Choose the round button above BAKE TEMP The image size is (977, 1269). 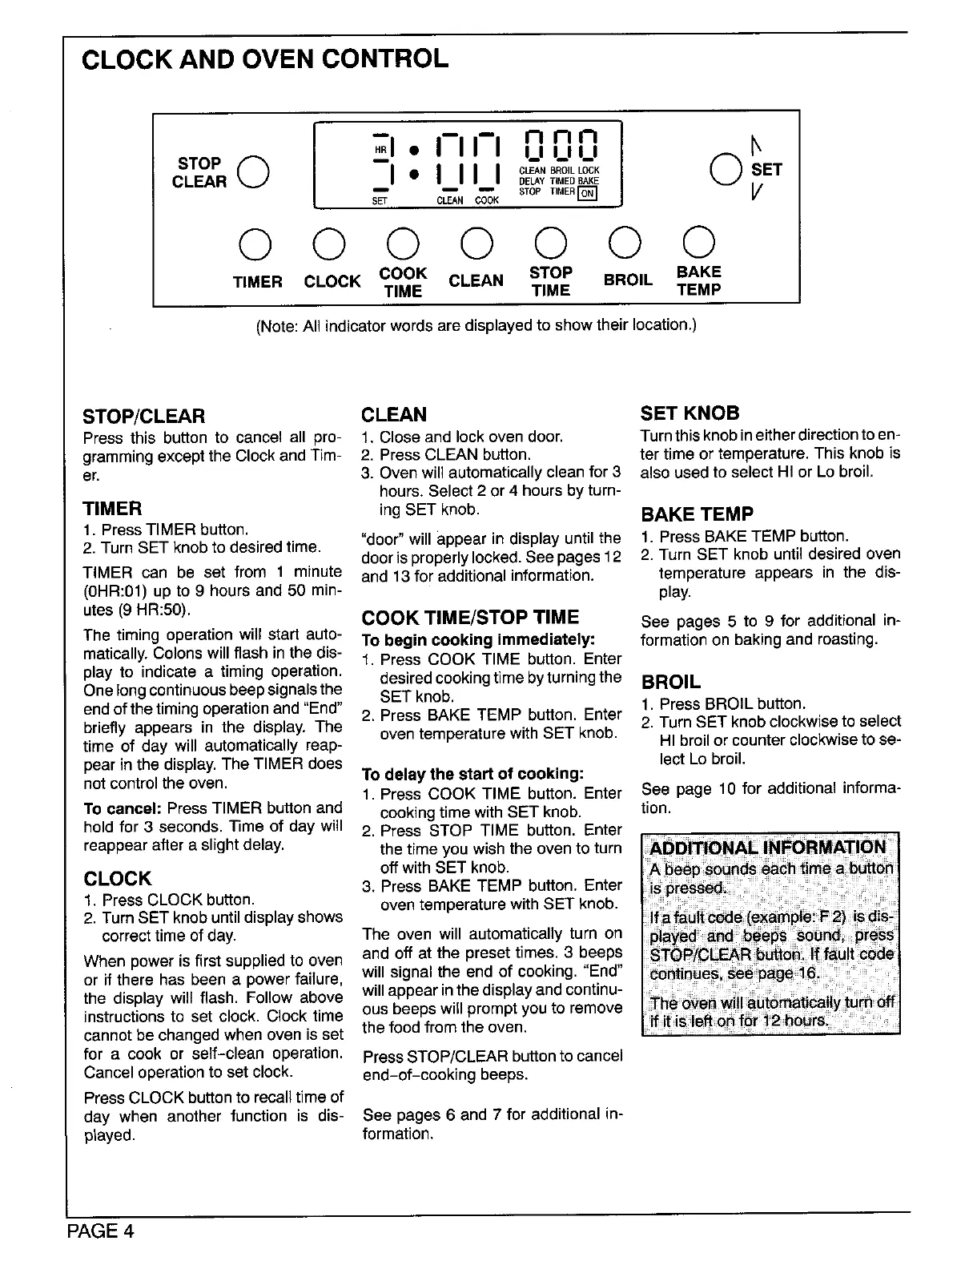[x=698, y=243]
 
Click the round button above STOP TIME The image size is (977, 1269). [x=551, y=244]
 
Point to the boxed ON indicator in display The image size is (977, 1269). [x=588, y=193]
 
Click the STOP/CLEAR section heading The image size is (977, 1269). [x=144, y=416]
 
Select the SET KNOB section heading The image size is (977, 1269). [x=690, y=413]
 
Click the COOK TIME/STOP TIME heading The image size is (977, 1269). [x=470, y=618]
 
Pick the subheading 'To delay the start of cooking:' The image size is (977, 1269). [x=472, y=775]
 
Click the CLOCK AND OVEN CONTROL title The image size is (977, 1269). [x=265, y=58]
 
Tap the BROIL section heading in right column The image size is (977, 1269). [x=670, y=682]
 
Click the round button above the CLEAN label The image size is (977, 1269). [x=476, y=244]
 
